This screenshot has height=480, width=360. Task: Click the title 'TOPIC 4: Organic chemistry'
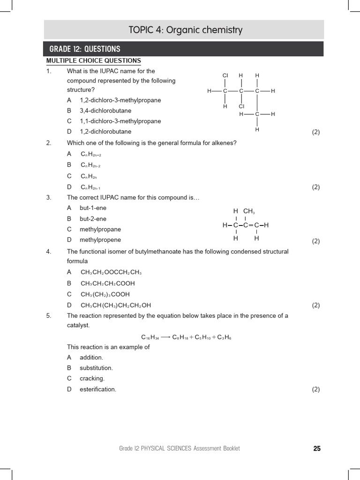pyautogui.click(x=185, y=30)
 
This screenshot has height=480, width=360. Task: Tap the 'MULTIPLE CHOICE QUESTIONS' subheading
pyautogui.click(x=93, y=60)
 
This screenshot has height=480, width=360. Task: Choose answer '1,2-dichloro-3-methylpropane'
pyautogui.click(x=120, y=100)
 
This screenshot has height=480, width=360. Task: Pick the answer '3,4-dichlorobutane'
pyautogui.click(x=105, y=111)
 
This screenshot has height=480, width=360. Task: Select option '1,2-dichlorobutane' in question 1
pyautogui.click(x=105, y=132)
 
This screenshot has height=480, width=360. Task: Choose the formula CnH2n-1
pyautogui.click(x=90, y=187)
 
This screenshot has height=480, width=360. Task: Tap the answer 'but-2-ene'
pyautogui.click(x=93, y=219)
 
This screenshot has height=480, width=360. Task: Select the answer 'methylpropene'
pyautogui.click(x=100, y=240)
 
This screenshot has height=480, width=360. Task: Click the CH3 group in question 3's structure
pyautogui.click(x=249, y=211)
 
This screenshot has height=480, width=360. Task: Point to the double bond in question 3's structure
pyautogui.click(x=251, y=225)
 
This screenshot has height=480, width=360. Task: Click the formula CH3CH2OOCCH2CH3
pyautogui.click(x=111, y=272)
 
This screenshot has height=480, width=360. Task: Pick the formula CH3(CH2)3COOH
pyautogui.click(x=105, y=294)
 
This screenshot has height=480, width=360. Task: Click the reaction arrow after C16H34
pyautogui.click(x=165, y=337)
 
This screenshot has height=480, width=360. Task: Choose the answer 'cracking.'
pyautogui.click(x=92, y=378)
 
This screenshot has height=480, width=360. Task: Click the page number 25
pyautogui.click(x=317, y=449)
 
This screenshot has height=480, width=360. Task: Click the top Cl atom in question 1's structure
pyautogui.click(x=225, y=75)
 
